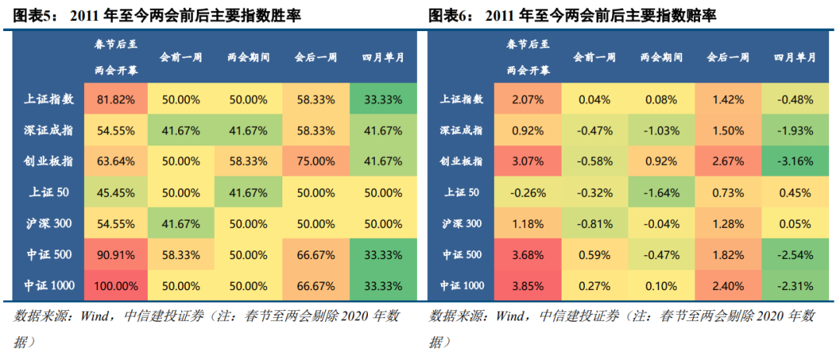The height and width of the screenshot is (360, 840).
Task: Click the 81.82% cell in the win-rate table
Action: (117, 100)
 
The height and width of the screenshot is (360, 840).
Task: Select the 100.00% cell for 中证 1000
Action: (115, 285)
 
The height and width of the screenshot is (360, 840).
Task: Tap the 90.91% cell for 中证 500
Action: (117, 254)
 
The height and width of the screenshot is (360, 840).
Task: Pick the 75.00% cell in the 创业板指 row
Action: (316, 162)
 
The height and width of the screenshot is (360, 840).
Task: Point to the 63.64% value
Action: (117, 162)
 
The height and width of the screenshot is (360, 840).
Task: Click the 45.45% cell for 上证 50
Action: (117, 193)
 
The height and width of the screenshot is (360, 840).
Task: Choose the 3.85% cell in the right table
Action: (528, 285)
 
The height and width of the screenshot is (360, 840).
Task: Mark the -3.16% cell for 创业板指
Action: (794, 162)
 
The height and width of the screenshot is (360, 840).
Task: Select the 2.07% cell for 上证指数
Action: (528, 100)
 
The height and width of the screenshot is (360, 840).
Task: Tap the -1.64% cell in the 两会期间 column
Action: (661, 193)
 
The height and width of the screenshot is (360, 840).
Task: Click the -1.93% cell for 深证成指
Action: (794, 131)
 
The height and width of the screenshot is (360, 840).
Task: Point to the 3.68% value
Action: (528, 254)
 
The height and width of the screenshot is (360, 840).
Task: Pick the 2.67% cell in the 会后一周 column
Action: (728, 162)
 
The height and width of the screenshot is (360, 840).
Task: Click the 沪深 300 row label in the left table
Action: (50, 224)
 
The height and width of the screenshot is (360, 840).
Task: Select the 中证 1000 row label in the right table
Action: (462, 285)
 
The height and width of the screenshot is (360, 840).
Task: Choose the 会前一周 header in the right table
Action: (594, 58)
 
